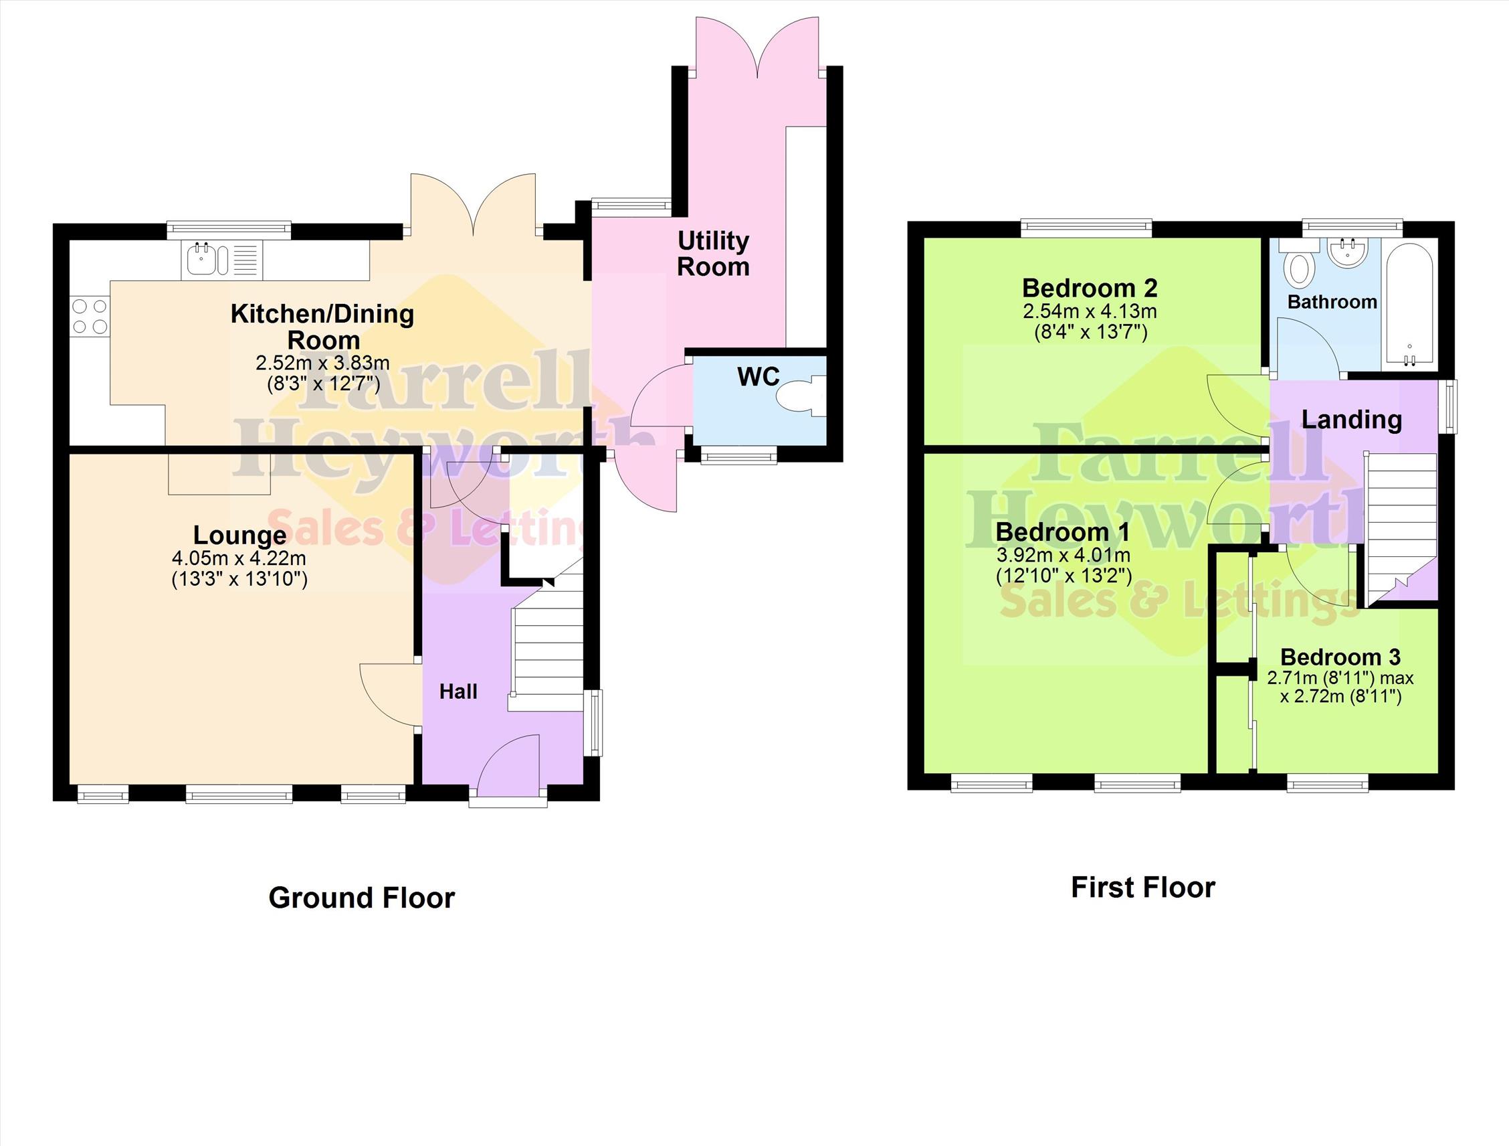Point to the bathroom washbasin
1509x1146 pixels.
coord(1346,252)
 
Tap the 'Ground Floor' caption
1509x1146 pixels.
coord(362,898)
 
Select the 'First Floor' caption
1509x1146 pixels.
coord(1142,888)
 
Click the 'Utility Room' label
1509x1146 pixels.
coord(713,253)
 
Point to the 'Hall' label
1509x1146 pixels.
coord(458,691)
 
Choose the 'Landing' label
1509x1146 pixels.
coord(1351,420)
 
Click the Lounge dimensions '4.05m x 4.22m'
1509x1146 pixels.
coord(239,558)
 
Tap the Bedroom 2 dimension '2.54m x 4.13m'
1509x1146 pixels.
coord(1090,312)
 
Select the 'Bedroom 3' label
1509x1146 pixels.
coord(1340,657)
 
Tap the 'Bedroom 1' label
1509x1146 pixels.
coord(1062,531)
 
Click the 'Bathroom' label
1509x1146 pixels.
coord(1332,302)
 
